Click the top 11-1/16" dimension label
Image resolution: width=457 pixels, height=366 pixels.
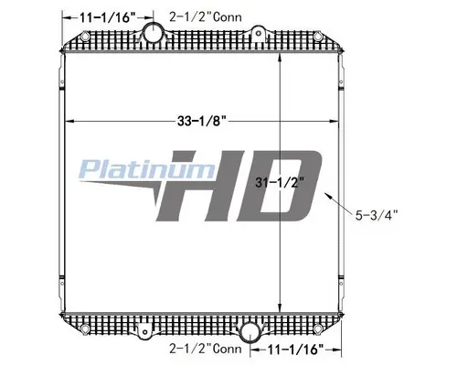(101, 16)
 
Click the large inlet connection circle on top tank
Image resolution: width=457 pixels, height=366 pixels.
(154, 36)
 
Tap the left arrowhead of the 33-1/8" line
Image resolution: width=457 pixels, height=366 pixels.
(66, 121)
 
